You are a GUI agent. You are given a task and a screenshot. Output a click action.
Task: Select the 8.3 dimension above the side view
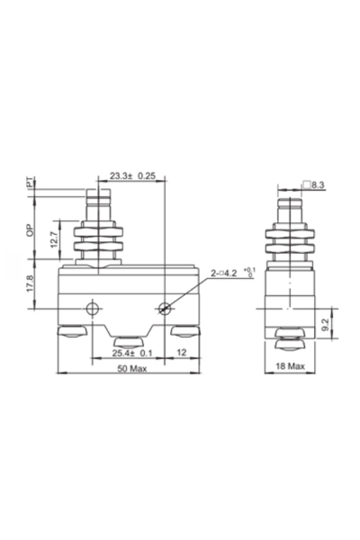tap(319, 184)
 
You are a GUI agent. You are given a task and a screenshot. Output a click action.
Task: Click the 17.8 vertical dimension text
tap(30, 286)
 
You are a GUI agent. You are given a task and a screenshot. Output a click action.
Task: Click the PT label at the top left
tap(30, 183)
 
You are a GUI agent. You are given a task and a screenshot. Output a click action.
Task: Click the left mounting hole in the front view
tap(90, 310)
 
